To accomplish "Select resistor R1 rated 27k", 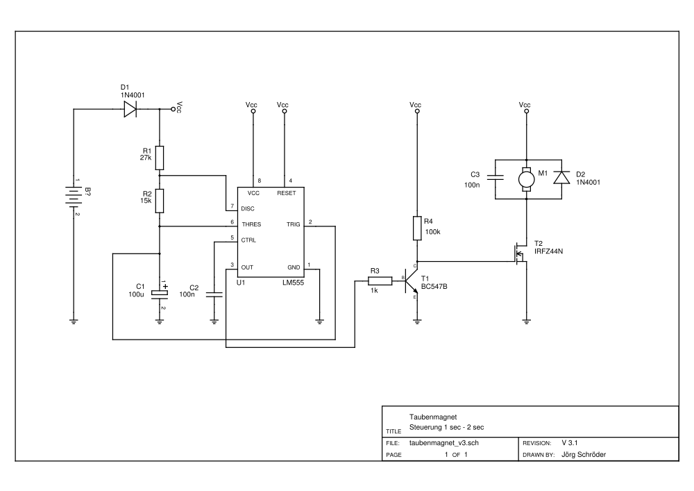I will click(159, 158).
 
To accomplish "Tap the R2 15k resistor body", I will click(159, 201).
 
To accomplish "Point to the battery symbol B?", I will click(74, 196).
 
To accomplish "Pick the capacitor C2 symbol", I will click(214, 294).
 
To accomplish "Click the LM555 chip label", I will click(292, 283).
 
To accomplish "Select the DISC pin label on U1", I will click(248, 208).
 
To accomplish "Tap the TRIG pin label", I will click(293, 224).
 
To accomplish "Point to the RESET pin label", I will click(286, 193).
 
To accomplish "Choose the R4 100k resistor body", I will click(417, 228).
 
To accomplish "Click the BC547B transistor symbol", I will click(412, 280).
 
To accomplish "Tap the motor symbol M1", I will click(526, 179).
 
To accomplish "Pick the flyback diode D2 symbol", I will click(561, 178).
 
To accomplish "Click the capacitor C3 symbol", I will click(494, 178).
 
